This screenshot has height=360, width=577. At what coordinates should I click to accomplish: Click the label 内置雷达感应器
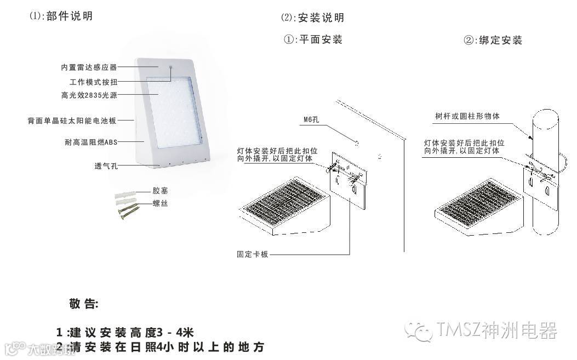[x=89, y=67]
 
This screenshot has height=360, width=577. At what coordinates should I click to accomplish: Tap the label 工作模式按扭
[x=94, y=82]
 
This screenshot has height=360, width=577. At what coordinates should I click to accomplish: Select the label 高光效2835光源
[x=89, y=95]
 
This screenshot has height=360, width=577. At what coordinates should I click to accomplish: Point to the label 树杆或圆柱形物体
[x=467, y=116]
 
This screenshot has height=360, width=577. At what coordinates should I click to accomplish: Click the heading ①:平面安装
[x=313, y=39]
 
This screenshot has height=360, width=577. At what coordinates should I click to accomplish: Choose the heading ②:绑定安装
[x=493, y=40]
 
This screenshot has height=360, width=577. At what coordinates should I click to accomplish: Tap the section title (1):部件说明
[x=61, y=16]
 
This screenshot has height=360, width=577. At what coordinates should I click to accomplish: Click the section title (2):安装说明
[x=312, y=18]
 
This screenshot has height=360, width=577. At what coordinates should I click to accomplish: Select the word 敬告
[x=83, y=304]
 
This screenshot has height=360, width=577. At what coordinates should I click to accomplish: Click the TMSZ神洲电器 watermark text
[x=497, y=330]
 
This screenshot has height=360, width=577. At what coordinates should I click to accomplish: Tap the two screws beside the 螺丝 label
[x=127, y=210]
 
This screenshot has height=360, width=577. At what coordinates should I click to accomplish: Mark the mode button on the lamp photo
[x=170, y=69]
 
